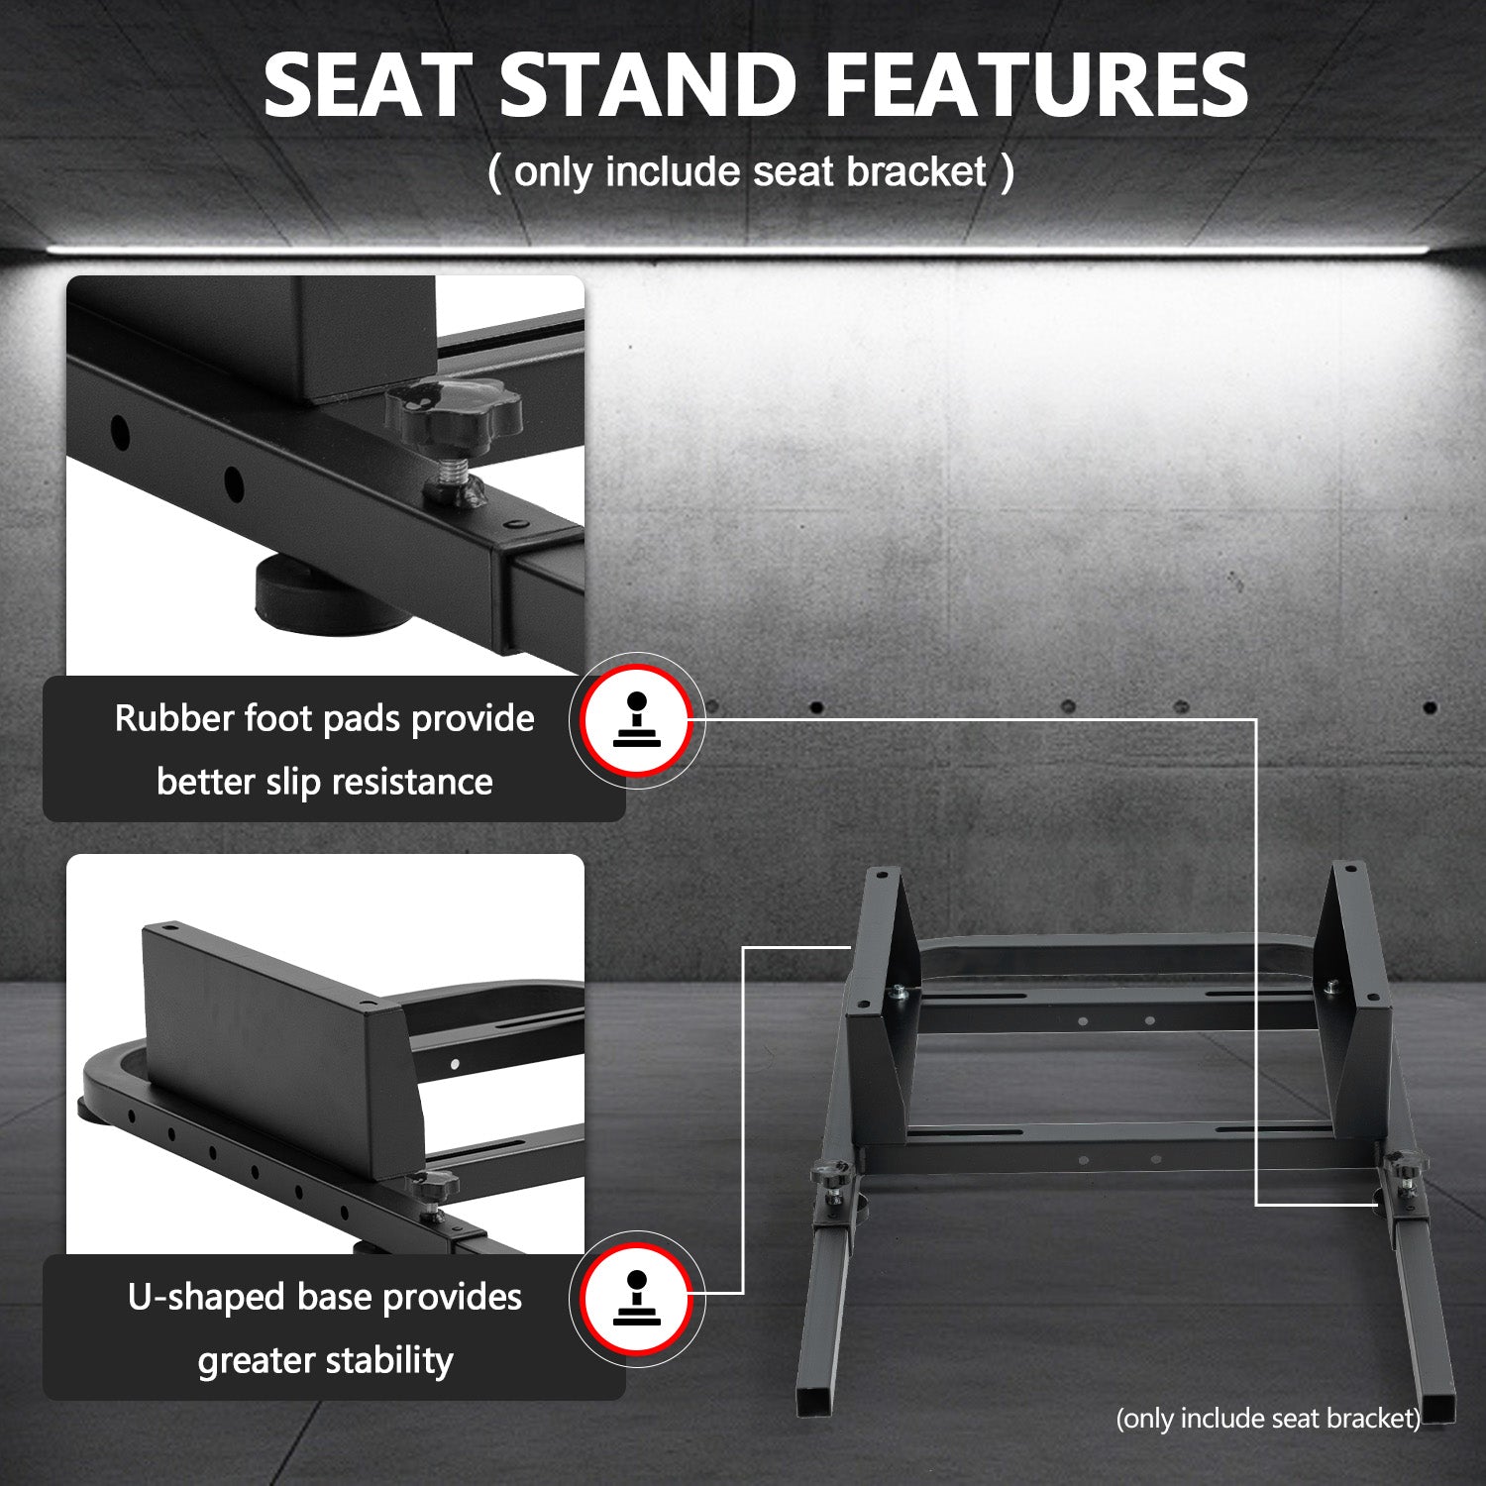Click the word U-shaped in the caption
206,1297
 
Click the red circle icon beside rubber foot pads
636,720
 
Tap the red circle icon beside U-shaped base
636,1299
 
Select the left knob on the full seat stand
830,1176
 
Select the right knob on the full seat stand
1403,1169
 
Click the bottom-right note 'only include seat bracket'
1268,1419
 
